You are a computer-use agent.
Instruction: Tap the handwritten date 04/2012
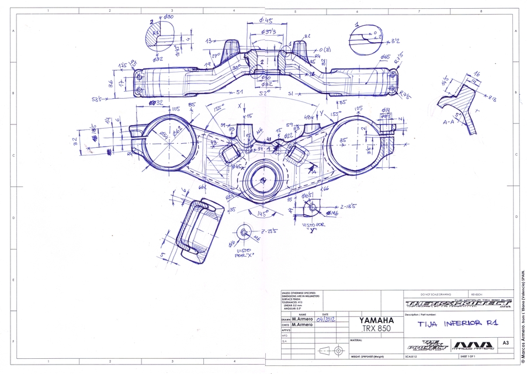point(327,320)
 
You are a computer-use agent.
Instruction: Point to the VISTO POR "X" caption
point(244,253)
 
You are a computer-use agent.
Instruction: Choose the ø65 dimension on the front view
point(386,57)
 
